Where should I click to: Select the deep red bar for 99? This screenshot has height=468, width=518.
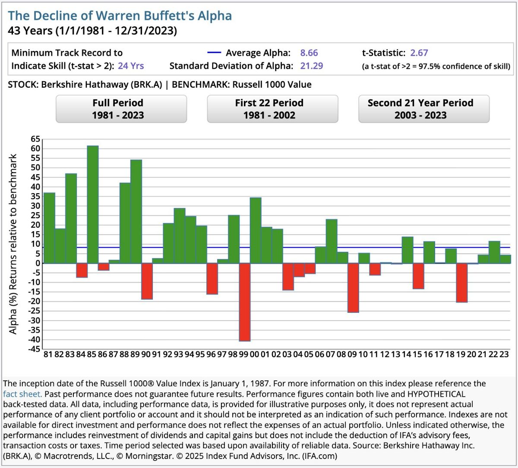coord(245,302)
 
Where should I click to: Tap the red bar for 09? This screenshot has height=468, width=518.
coord(353,287)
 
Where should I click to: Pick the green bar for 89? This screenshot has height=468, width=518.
coord(136,211)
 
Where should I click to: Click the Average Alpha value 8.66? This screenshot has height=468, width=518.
coord(309,53)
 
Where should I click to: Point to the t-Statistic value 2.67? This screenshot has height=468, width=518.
coord(419,53)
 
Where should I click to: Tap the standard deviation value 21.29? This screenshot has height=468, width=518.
coord(311,66)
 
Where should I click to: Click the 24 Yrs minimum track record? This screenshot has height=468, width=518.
coord(131,66)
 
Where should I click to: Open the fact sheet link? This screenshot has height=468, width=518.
coord(22,394)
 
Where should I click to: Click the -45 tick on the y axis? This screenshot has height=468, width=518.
coord(35,349)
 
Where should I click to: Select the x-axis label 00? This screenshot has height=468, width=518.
coord(254,354)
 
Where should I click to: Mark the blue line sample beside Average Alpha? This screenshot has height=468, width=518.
coord(214,53)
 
